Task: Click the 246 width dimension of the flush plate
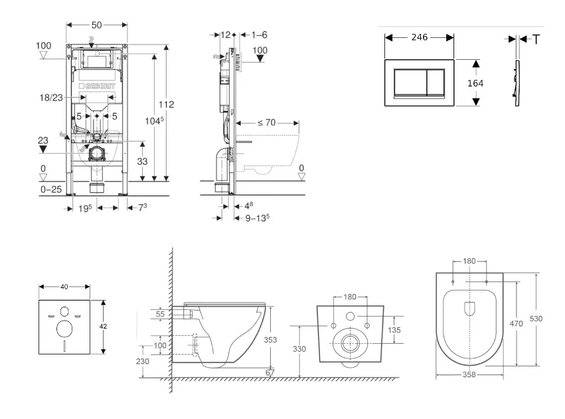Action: [419, 39]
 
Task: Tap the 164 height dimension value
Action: [475, 83]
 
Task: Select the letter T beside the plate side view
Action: [535, 39]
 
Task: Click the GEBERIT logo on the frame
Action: [97, 86]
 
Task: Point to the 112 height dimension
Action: [166, 104]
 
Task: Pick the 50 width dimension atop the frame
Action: [97, 25]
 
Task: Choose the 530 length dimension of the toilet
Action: [536, 319]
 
